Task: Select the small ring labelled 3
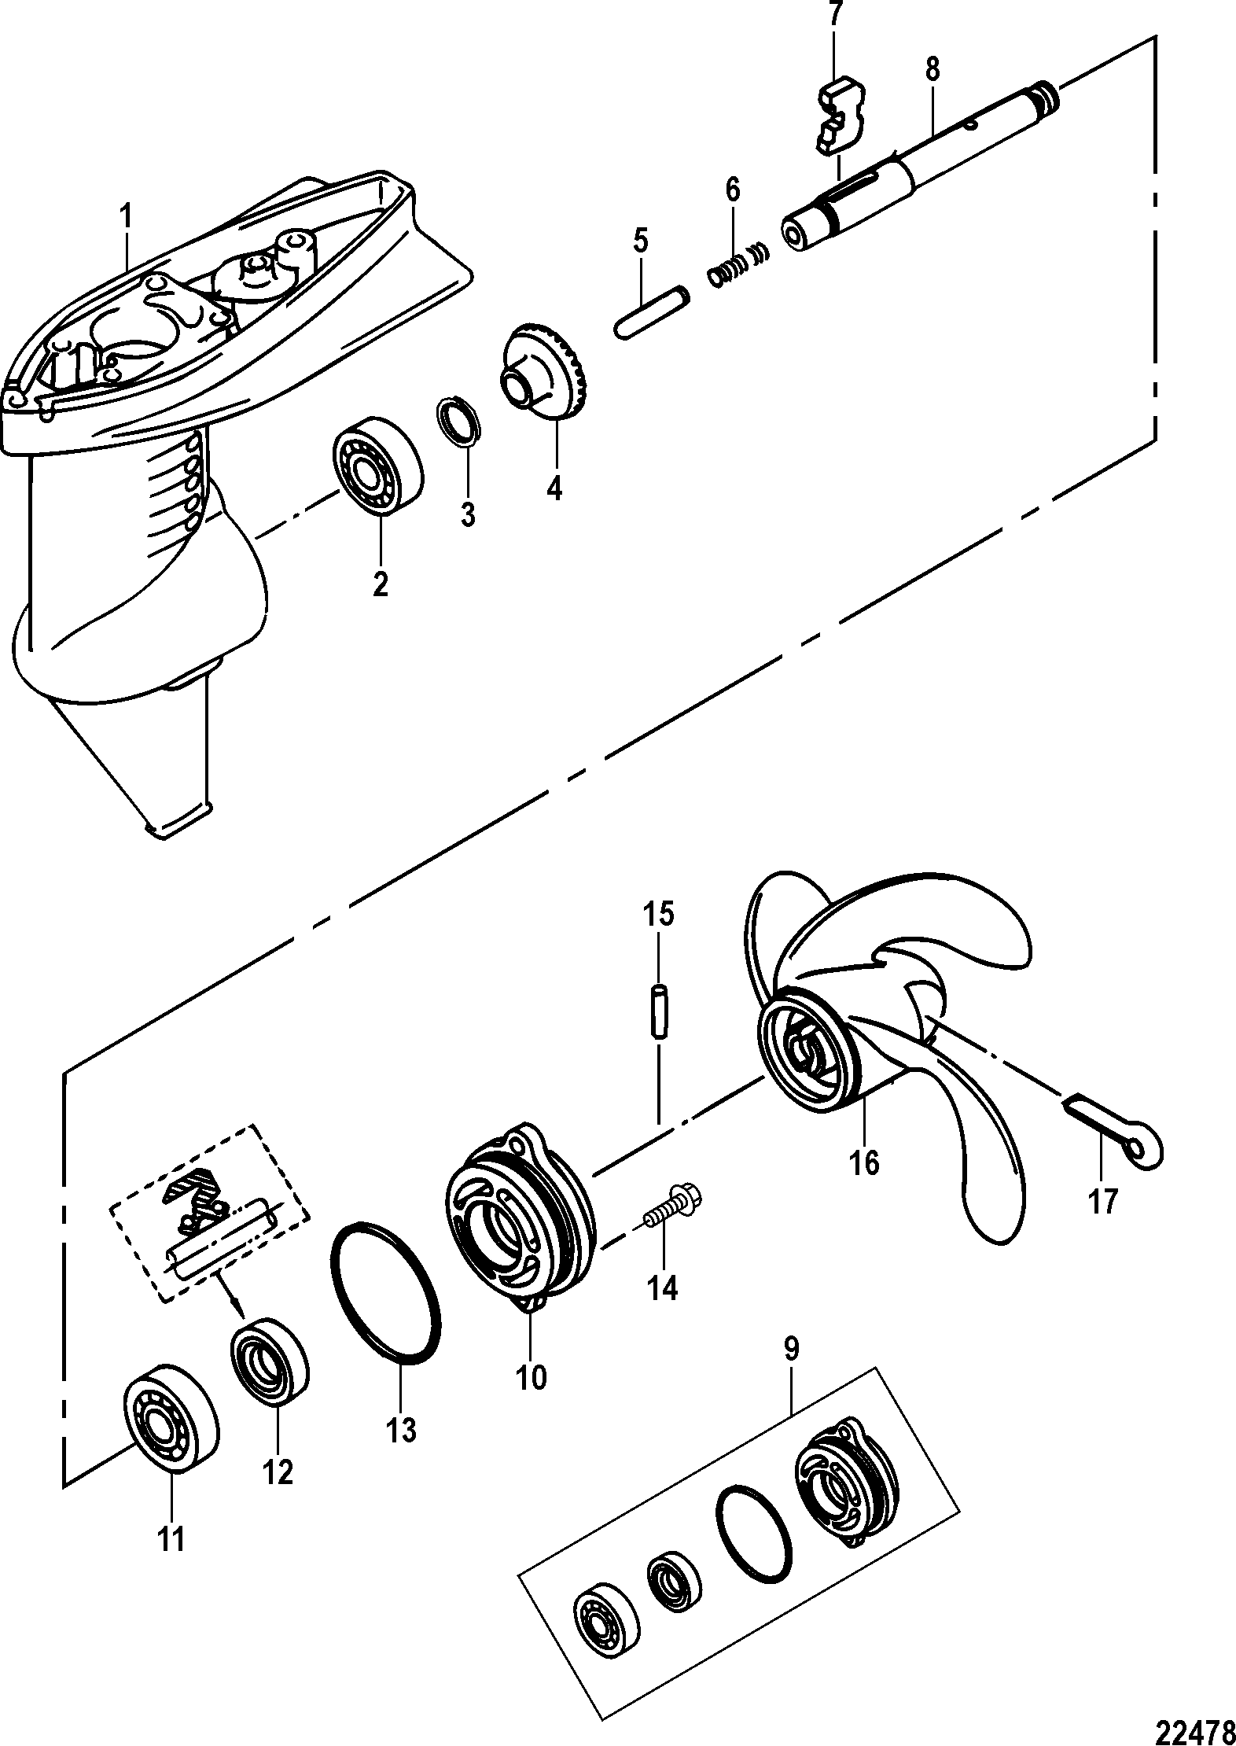pos(458,422)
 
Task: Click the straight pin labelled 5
pos(652,315)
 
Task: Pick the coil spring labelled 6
pos(738,265)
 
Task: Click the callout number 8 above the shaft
pos(932,69)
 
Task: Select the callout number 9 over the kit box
pos(791,1348)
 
